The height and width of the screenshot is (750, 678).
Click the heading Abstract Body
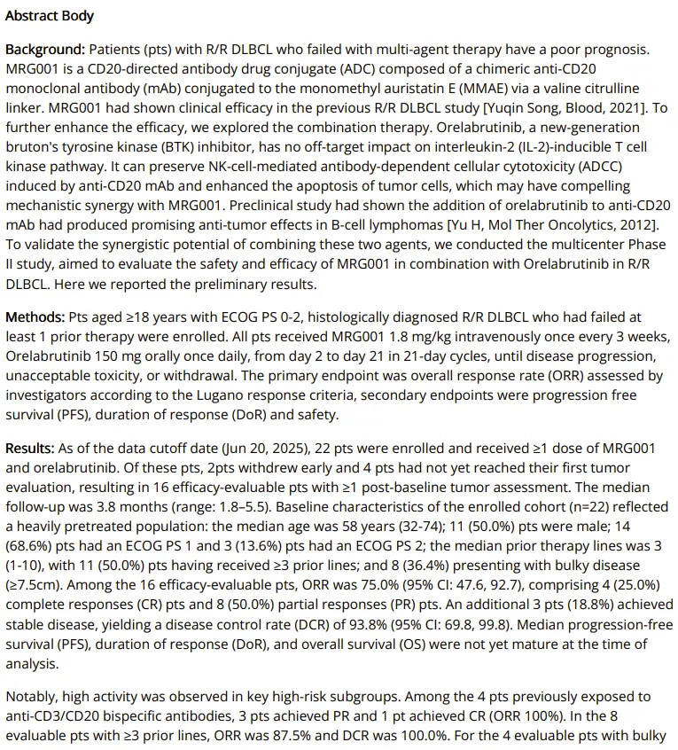coord(50,16)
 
